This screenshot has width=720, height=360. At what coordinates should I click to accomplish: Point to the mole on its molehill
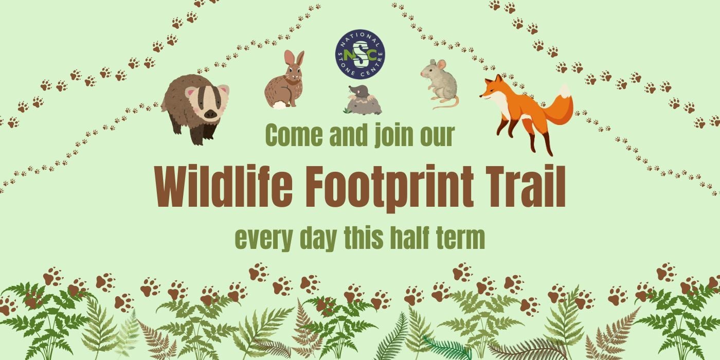click(x=363, y=100)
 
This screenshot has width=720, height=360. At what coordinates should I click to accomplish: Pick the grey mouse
click(x=438, y=82)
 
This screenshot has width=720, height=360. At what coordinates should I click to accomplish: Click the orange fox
click(x=525, y=108)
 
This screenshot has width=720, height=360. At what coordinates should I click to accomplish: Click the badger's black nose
click(x=211, y=115)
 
